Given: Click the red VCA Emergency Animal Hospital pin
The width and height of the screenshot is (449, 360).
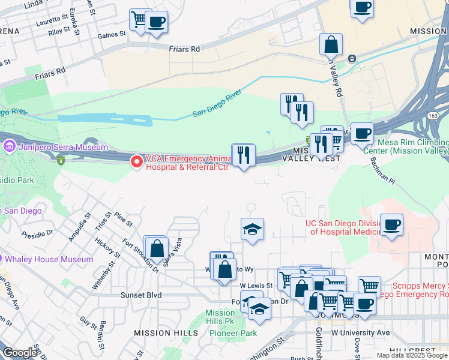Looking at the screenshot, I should coord(137,161).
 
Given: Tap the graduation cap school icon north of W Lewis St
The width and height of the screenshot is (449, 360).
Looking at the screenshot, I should coord(253,229).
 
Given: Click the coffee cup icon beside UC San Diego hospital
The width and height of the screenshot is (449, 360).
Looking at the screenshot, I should coord(391,225).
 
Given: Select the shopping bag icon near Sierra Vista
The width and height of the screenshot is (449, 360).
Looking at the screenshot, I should coord(156,248).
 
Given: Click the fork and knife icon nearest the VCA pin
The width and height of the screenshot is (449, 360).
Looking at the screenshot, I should coord(244,154).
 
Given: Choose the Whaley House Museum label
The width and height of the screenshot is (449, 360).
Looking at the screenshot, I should coord(49,259).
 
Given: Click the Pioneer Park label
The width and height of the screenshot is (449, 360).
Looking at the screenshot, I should coord(237,333).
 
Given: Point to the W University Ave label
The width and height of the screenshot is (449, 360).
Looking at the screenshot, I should coord(360,332).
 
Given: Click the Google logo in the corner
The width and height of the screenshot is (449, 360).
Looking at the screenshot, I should coord(20,353).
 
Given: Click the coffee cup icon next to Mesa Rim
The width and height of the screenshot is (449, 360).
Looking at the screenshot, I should coord(361,133).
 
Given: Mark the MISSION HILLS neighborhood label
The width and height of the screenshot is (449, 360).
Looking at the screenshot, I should coord(166,332).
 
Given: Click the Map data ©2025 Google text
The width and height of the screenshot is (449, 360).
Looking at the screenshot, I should coord(412,355).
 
